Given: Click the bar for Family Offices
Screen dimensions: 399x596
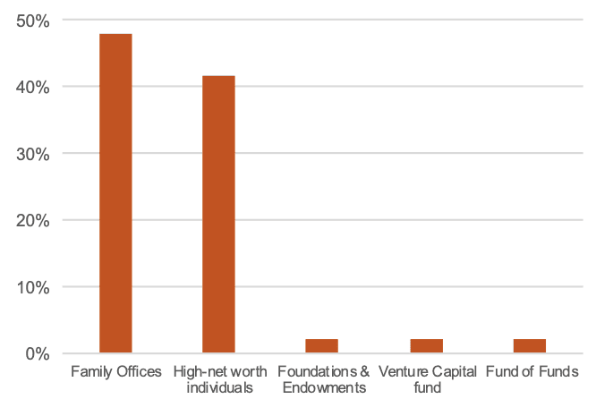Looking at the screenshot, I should [115, 193].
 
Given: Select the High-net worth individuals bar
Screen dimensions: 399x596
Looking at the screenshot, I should [218, 215].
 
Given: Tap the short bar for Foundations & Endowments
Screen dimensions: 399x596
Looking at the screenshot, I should [321, 346].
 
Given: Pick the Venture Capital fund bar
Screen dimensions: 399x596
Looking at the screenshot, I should [426, 346].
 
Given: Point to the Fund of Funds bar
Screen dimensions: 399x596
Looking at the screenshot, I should [529, 346].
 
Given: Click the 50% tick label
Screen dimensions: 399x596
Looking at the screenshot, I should [32, 21].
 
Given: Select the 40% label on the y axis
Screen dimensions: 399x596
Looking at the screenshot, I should [32, 88].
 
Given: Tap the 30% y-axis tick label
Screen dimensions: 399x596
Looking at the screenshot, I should [32, 154].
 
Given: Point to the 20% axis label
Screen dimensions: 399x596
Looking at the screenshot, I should [32, 220].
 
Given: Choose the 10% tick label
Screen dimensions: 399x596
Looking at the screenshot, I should [32, 287].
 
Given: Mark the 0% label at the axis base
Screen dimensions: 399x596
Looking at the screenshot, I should [36, 353].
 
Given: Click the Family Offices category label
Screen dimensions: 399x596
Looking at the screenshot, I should [115, 371].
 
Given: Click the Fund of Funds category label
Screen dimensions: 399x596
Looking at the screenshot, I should [532, 371].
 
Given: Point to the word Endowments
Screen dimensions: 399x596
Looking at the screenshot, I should [322, 387].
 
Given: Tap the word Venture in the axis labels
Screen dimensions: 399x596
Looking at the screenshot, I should [401, 371].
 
